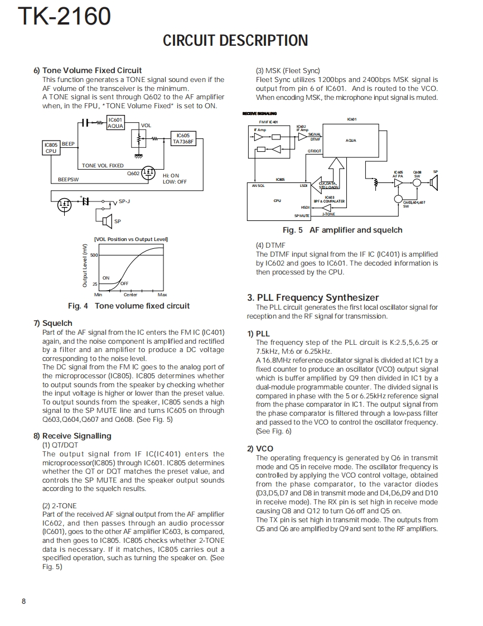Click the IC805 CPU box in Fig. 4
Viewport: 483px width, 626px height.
pyautogui.click(x=51, y=147)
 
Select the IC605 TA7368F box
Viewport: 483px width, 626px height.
pyautogui.click(x=182, y=138)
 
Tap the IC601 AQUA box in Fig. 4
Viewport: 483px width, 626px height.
pyautogui.click(x=115, y=123)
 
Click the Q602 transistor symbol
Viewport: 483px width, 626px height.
pyautogui.click(x=148, y=173)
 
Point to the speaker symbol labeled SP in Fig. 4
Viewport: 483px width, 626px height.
pyautogui.click(x=107, y=221)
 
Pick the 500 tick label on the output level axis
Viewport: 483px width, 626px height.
pyautogui.click(x=94, y=255)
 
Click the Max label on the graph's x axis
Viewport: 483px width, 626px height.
pyautogui.click(x=162, y=295)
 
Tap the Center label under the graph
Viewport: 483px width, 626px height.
pyautogui.click(x=130, y=295)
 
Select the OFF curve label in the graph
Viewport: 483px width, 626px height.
pyautogui.click(x=124, y=283)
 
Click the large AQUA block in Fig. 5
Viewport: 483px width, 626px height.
pyautogui.click(x=351, y=141)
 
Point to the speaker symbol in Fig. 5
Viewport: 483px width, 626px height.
pyautogui.click(x=434, y=182)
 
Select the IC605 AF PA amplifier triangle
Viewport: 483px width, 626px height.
pyautogui.click(x=398, y=182)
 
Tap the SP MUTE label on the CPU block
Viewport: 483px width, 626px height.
pyautogui.click(x=302, y=215)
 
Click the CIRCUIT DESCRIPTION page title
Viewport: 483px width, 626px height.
pyautogui.click(x=235, y=41)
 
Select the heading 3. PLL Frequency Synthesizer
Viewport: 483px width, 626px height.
pyautogui.click(x=313, y=297)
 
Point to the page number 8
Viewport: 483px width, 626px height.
pyautogui.click(x=23, y=601)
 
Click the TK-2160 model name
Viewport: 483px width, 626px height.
pyautogui.click(x=64, y=17)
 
